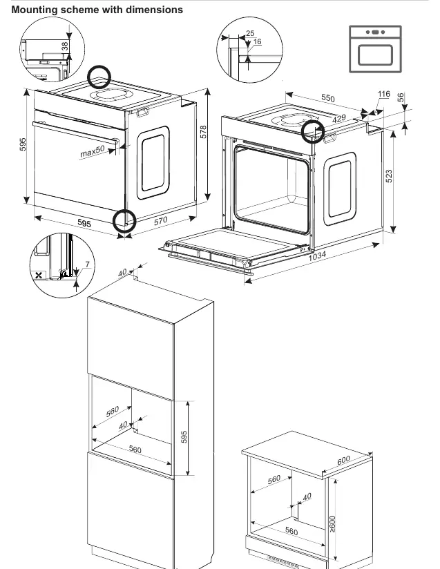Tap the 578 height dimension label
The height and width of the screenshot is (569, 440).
203,132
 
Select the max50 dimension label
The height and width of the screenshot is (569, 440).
93,151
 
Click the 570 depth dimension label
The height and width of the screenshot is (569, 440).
160,221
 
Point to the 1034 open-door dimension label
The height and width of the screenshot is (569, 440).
317,255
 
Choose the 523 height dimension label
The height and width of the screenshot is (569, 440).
389,176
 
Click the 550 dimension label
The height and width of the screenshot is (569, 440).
328,98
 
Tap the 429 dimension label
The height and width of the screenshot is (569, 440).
339,118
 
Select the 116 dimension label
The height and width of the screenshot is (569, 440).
384,95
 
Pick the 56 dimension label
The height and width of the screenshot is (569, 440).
400,97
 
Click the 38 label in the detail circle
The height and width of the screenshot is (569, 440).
65,46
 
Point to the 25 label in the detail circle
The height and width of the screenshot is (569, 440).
250,33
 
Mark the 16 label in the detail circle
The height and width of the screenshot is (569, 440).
258,41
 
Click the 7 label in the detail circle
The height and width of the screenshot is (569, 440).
87,264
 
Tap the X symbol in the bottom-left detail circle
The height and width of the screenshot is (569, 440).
39,276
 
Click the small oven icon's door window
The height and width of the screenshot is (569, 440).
375,55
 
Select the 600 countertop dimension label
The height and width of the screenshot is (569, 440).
343,460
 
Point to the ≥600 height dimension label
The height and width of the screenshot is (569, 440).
333,524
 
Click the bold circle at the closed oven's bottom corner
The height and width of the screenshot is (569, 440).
124,221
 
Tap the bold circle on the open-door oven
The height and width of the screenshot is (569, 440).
313,131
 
